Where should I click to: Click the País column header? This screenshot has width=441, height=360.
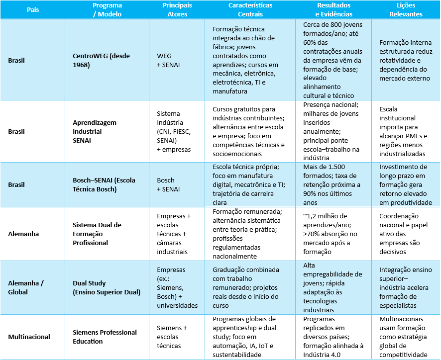coord(33,10)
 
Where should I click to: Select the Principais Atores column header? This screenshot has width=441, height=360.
coord(177,10)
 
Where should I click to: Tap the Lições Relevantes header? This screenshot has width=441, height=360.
coord(406,10)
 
